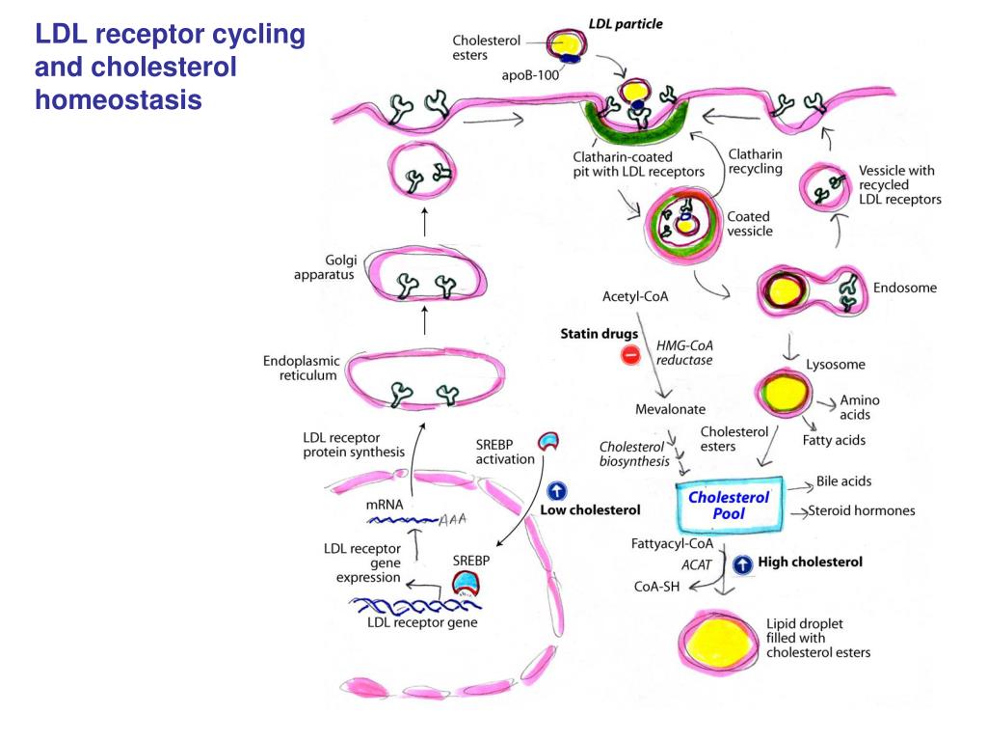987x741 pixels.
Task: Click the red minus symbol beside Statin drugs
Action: click(631, 355)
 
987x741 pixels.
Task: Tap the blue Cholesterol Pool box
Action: click(730, 505)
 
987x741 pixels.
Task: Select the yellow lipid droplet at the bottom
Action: click(721, 641)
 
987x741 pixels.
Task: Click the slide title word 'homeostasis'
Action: click(119, 99)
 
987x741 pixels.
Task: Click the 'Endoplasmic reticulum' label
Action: click(302, 368)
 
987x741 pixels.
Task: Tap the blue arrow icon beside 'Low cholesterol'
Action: click(557, 491)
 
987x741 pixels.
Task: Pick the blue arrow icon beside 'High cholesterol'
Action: click(742, 564)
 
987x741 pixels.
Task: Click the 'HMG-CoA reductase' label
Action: click(684, 352)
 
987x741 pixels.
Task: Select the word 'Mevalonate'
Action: click(670, 409)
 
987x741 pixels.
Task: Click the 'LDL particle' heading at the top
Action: click(626, 23)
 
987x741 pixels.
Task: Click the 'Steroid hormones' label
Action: click(862, 510)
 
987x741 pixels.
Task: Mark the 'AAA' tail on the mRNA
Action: click(453, 519)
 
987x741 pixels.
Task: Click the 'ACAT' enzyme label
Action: click(696, 564)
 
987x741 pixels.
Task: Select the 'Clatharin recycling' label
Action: click(755, 161)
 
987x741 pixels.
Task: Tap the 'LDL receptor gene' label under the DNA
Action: click(422, 622)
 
